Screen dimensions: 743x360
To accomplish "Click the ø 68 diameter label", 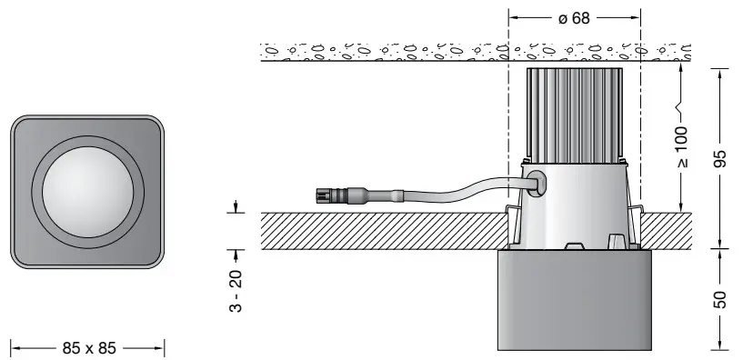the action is tap(574, 18).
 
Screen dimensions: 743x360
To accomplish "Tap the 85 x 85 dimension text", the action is tap(89, 348).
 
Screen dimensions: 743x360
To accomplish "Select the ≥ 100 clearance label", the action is tap(682, 147).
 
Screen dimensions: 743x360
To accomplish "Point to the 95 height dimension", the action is tap(719, 159).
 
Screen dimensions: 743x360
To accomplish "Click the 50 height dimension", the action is tap(719, 299).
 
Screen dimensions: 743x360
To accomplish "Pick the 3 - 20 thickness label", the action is tap(236, 291).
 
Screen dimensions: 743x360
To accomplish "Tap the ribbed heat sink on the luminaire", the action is tap(575, 115).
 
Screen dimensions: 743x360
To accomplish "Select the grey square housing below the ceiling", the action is tap(575, 300).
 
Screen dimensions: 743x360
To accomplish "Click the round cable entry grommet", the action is tap(533, 184).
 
